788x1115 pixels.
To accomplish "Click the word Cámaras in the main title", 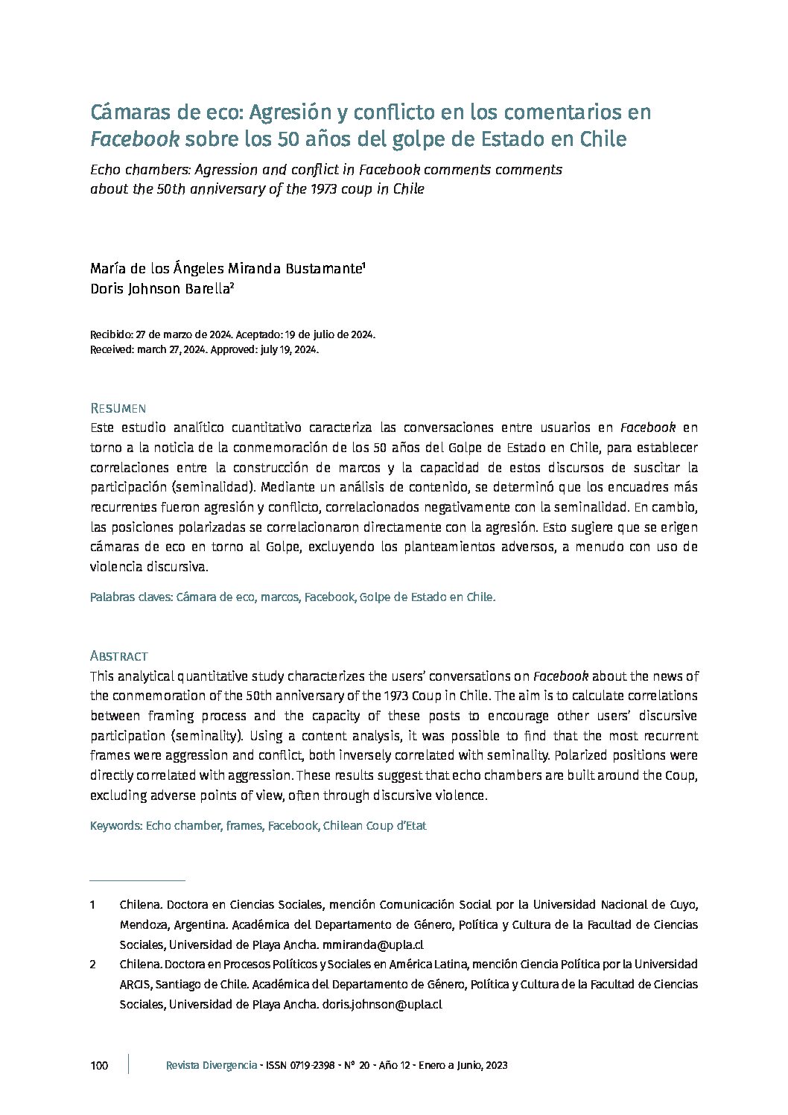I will pyautogui.click(x=127, y=112).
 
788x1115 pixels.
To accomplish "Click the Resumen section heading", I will pyautogui.click(x=118, y=408).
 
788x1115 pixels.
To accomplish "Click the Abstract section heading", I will pyautogui.click(x=118, y=656).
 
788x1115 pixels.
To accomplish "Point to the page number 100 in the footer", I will pyautogui.click(x=99, y=1065).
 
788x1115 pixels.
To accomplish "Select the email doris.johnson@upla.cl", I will pyautogui.click(x=382, y=1003).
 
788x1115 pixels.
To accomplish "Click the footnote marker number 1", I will pyautogui.click(x=92, y=905).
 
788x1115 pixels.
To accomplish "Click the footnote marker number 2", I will pyautogui.click(x=92, y=965).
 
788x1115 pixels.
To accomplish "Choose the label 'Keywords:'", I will pyautogui.click(x=115, y=825).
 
